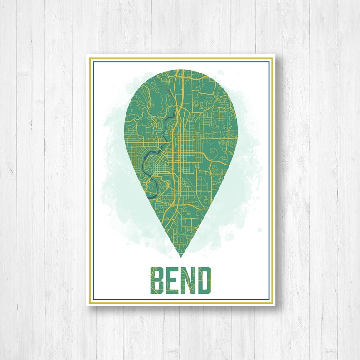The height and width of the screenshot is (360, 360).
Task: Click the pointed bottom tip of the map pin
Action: click(180, 257)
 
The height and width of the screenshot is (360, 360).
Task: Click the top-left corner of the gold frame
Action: click(88, 58)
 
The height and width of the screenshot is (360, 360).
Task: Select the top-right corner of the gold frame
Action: click(273, 58)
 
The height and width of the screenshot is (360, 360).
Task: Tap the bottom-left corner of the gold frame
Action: click(88, 303)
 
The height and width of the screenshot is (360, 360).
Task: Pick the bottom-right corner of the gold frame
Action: click(273, 303)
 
